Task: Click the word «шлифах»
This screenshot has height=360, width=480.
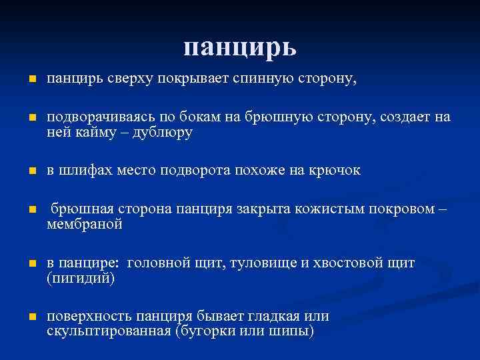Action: click(x=83, y=171)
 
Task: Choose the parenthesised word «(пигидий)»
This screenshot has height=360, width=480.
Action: click(x=81, y=278)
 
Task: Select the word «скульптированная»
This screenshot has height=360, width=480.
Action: click(x=108, y=331)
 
